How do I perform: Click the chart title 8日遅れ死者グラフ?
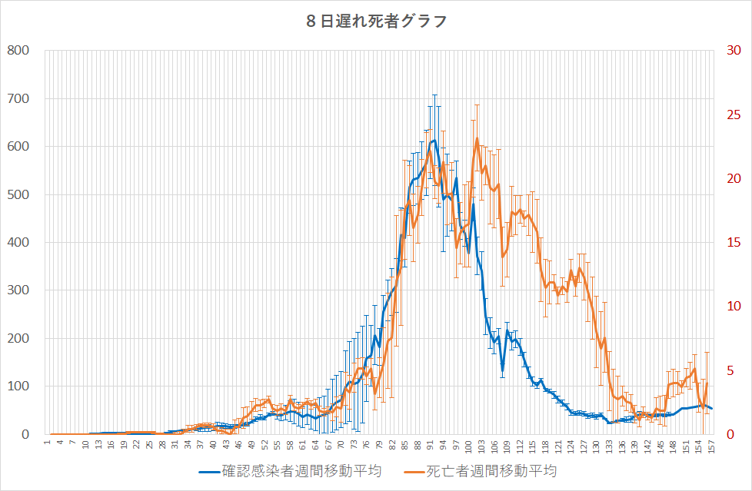click(x=376, y=22)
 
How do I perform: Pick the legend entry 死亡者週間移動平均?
click(x=491, y=470)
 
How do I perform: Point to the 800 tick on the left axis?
click(x=18, y=51)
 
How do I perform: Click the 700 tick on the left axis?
click(x=18, y=98)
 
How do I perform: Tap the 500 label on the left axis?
click(x=18, y=194)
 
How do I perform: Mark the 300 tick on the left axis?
click(x=18, y=290)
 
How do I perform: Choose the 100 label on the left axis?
click(x=18, y=386)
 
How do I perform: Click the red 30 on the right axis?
click(x=734, y=51)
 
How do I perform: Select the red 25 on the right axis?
click(x=734, y=114)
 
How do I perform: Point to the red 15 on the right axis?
click(x=734, y=243)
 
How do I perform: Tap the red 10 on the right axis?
click(x=734, y=307)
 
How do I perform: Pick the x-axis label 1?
click(x=48, y=444)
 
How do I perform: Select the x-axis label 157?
click(x=712, y=447)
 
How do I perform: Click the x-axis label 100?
click(x=468, y=447)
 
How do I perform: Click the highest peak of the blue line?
click(x=434, y=141)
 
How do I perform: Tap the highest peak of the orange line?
click(x=477, y=139)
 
